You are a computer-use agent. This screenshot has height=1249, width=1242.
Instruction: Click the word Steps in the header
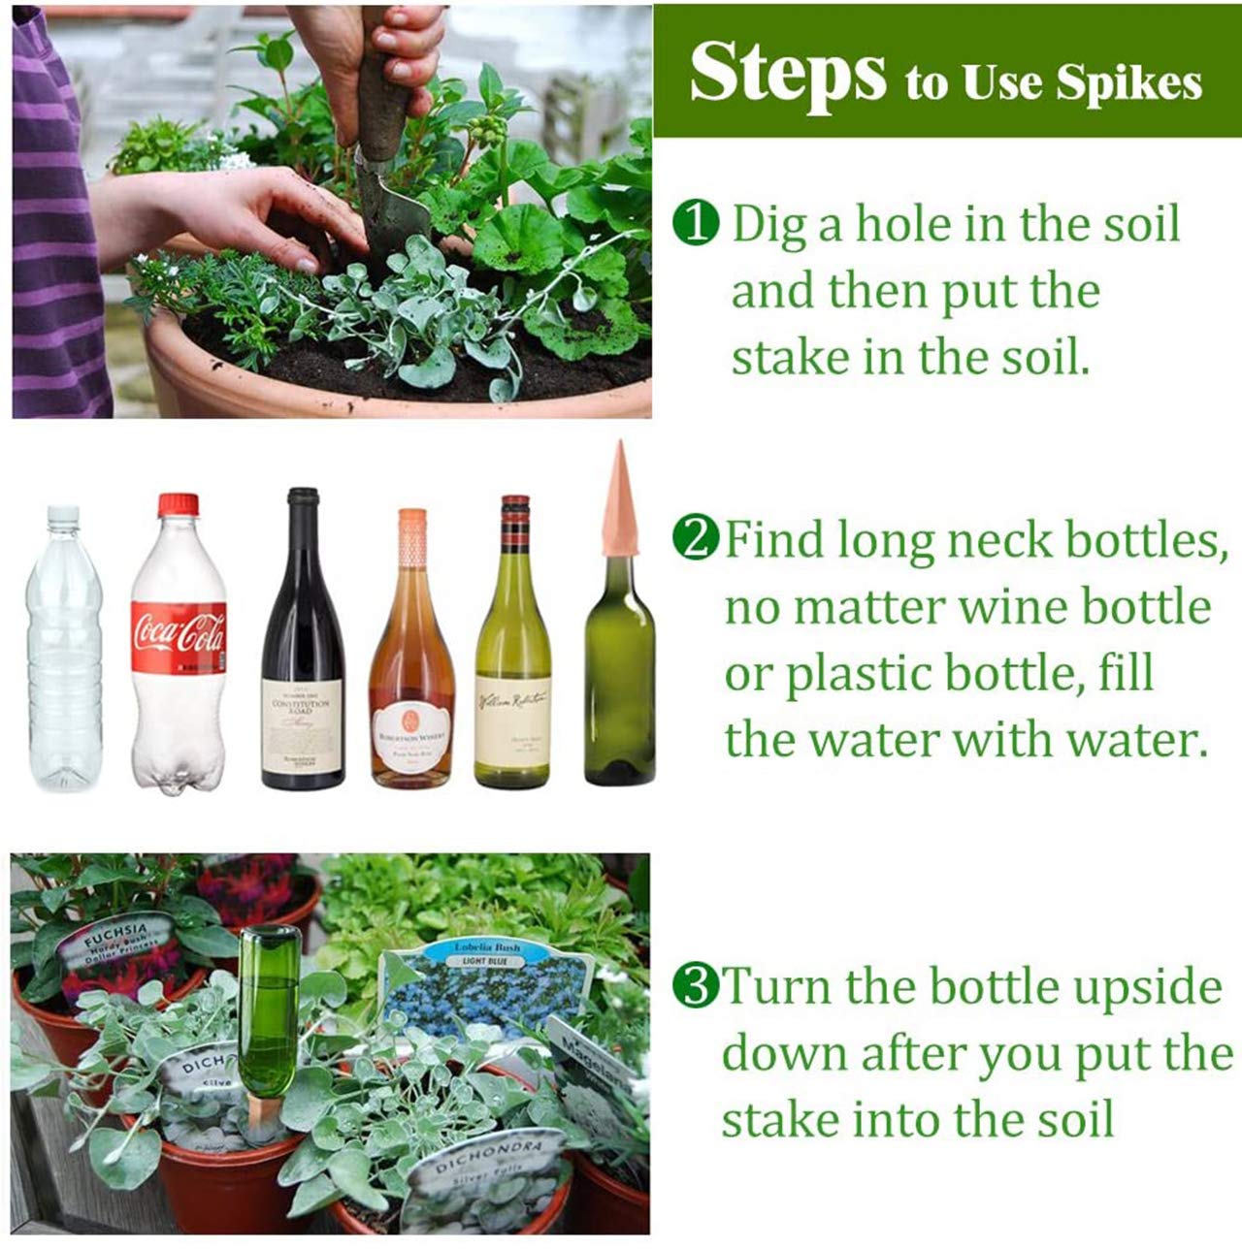pyautogui.click(x=787, y=74)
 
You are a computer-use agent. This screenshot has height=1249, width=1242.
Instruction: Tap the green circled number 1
pyautogui.click(x=696, y=224)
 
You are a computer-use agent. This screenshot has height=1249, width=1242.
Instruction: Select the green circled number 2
pyautogui.click(x=697, y=537)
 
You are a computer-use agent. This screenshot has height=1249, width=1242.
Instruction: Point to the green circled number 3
pyautogui.click(x=696, y=987)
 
